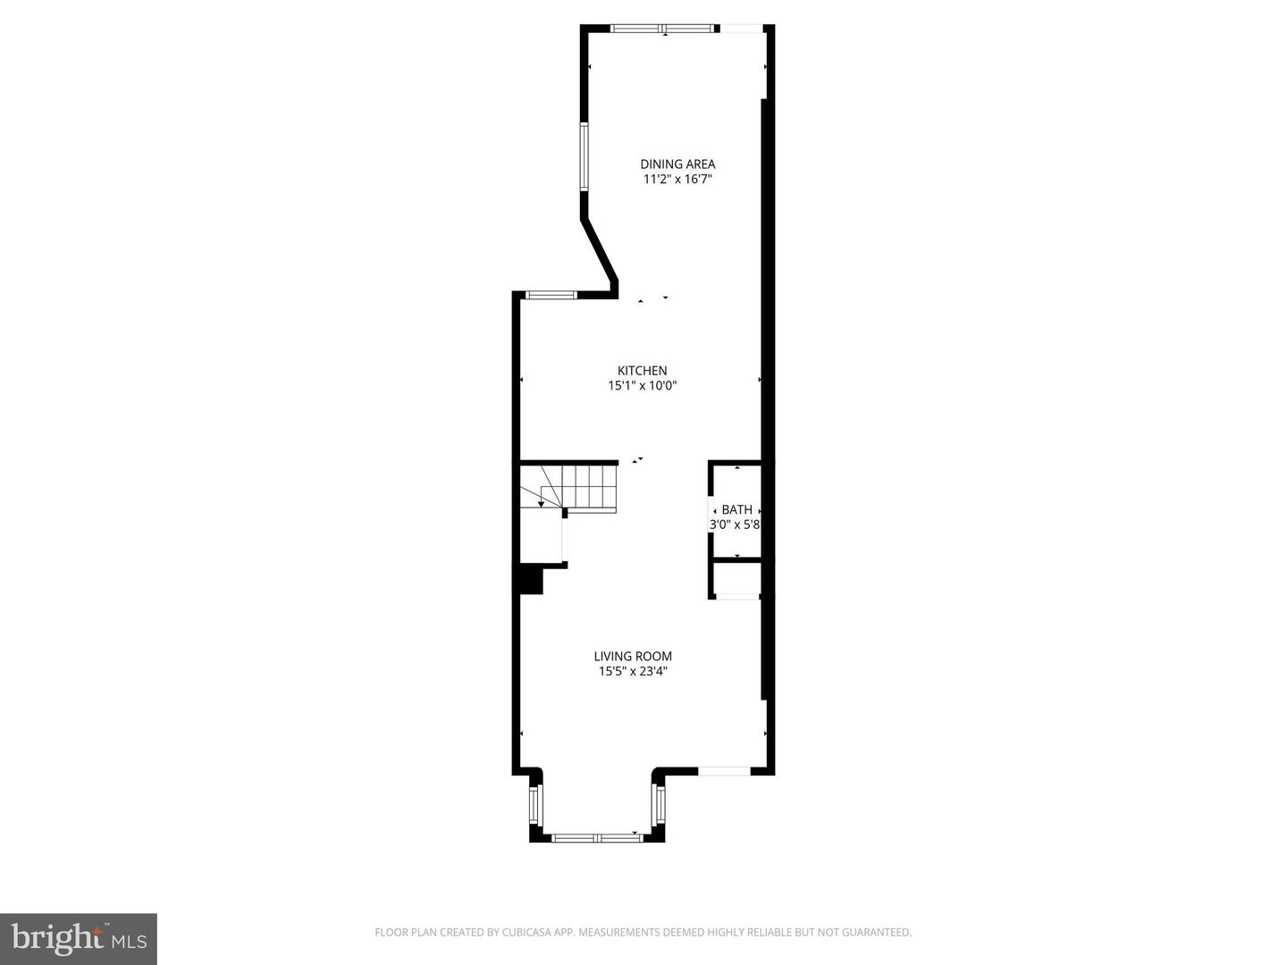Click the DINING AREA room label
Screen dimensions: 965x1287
click(677, 164)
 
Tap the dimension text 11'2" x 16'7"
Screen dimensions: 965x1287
click(677, 179)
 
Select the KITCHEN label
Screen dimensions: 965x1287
click(642, 371)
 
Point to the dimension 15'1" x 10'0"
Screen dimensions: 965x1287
click(642, 386)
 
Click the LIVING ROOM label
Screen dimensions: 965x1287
click(633, 656)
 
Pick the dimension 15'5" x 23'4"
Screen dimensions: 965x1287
click(633, 671)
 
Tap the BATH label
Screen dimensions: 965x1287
click(736, 509)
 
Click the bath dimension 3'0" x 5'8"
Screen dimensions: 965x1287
click(735, 524)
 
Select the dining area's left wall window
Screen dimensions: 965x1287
click(584, 157)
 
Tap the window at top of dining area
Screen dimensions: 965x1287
click(664, 29)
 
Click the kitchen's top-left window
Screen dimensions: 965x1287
click(551, 295)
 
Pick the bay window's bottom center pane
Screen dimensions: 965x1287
click(596, 838)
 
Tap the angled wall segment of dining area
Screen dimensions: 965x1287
click(599, 250)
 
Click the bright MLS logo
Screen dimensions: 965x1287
click(79, 938)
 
